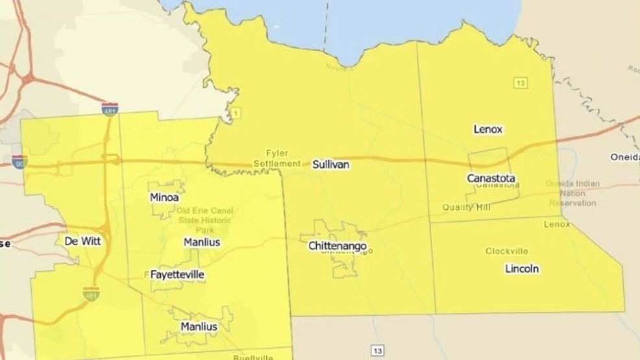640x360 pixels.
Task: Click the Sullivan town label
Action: click(x=331, y=165)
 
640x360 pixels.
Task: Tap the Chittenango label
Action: click(x=338, y=246)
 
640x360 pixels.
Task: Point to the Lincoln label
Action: click(x=522, y=269)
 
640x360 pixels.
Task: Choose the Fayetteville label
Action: click(x=177, y=274)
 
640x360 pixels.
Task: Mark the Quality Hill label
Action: click(x=466, y=207)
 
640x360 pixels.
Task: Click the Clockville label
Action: click(x=506, y=251)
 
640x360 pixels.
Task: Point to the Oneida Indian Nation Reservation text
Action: click(x=571, y=193)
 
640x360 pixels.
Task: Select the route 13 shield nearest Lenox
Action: click(x=519, y=82)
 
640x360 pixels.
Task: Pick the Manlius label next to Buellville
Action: click(x=199, y=326)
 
